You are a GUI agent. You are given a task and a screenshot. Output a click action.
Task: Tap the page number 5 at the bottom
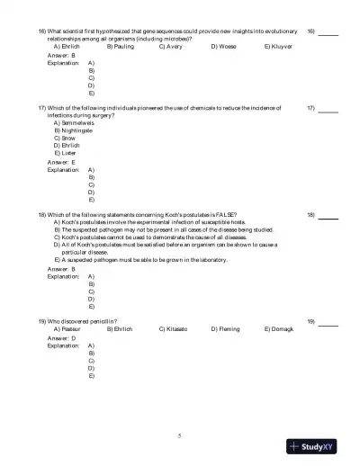coord(180,435)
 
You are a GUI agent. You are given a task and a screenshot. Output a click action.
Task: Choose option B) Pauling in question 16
coord(120,46)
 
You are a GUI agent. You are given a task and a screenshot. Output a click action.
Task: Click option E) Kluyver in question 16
coord(279,46)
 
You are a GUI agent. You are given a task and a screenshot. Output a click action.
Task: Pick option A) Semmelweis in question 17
coord(75,122)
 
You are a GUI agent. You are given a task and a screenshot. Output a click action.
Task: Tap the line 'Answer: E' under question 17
coord(61,162)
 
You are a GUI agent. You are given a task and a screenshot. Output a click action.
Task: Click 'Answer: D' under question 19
coord(61,337)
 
